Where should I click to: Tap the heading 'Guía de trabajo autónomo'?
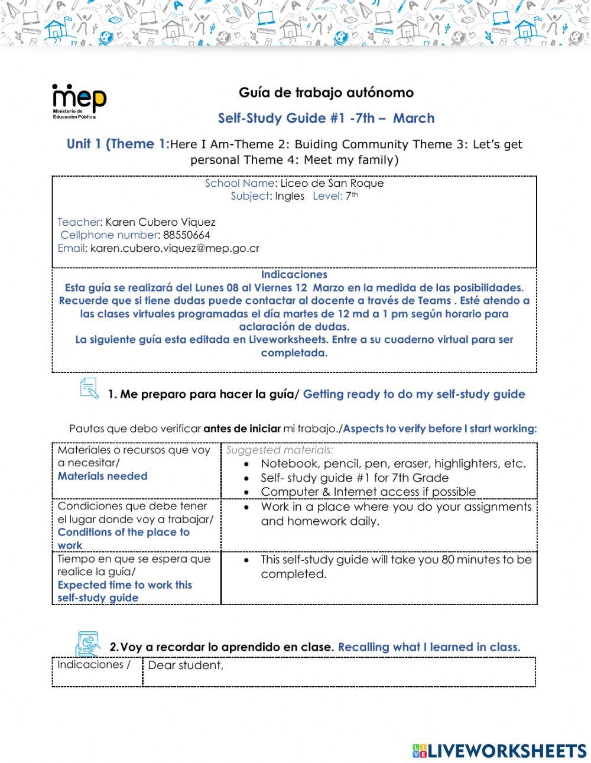[x=326, y=93]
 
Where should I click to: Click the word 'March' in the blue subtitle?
[x=414, y=118]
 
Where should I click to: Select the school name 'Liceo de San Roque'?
[x=332, y=183]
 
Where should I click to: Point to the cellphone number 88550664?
[x=187, y=235]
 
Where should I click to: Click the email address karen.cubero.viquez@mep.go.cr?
[x=175, y=248]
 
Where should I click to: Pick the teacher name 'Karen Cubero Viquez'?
[x=160, y=222]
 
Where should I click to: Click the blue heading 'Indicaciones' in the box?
[x=294, y=275]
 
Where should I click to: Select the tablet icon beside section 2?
[x=87, y=644]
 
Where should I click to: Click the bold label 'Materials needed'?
[x=102, y=476]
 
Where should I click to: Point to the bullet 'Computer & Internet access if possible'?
[x=368, y=492]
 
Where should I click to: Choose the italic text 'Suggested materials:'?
[x=280, y=450]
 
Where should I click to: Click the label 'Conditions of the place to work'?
[x=123, y=538]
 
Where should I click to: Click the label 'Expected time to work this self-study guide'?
[x=124, y=591]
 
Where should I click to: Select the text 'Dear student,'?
[x=186, y=665]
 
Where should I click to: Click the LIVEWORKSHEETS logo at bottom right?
[x=499, y=751]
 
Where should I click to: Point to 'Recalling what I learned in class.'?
[x=429, y=647]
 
